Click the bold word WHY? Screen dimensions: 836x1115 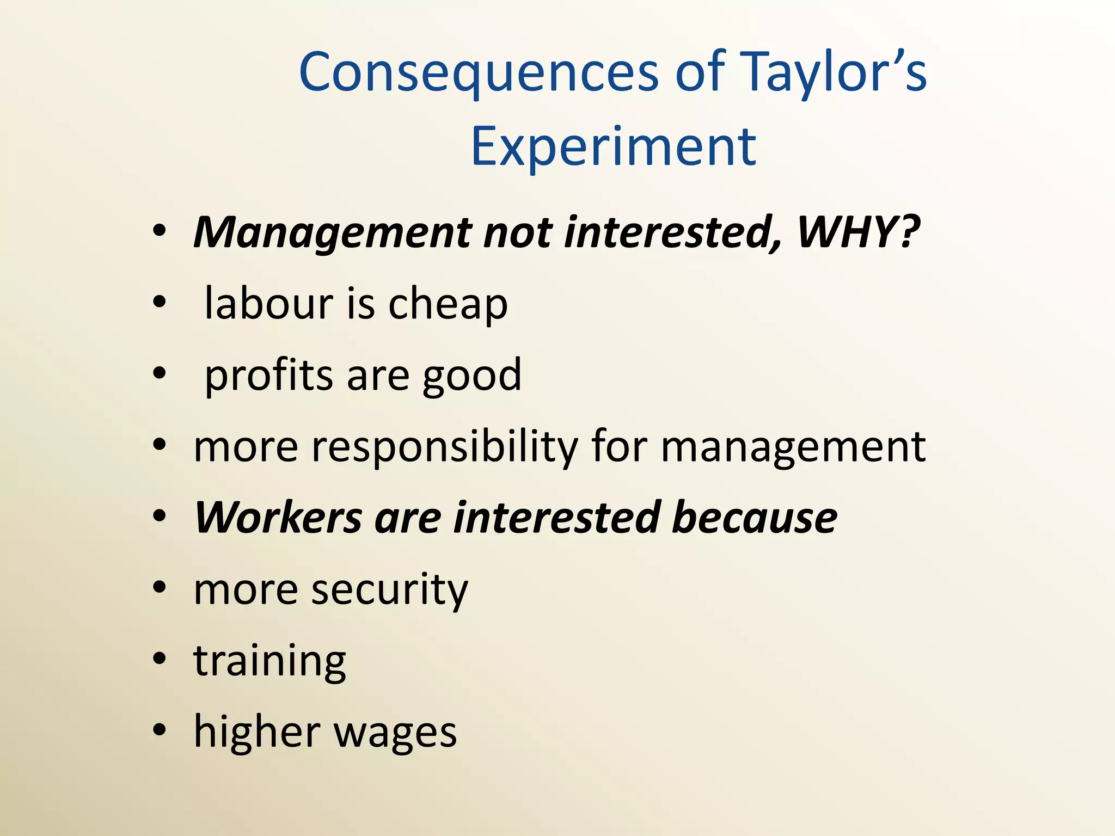point(858,232)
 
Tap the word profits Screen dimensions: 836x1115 point(268,376)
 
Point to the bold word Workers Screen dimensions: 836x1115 point(278,517)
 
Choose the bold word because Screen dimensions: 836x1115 point(755,517)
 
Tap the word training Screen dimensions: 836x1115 point(270,662)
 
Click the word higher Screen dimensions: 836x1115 point(257,732)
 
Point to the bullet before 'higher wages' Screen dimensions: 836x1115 point(159,730)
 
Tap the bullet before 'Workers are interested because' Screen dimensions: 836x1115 point(159,516)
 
